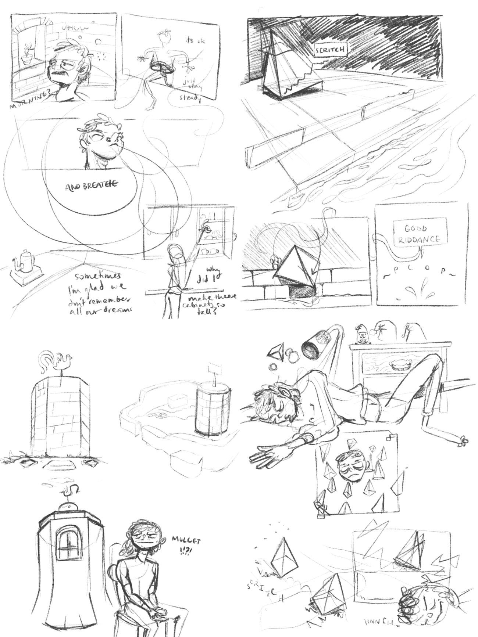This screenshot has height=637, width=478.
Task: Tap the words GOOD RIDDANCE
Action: pyautogui.click(x=420, y=234)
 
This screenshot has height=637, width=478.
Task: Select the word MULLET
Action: pyautogui.click(x=186, y=541)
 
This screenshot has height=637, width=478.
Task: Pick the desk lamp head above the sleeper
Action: pyautogui.click(x=312, y=348)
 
